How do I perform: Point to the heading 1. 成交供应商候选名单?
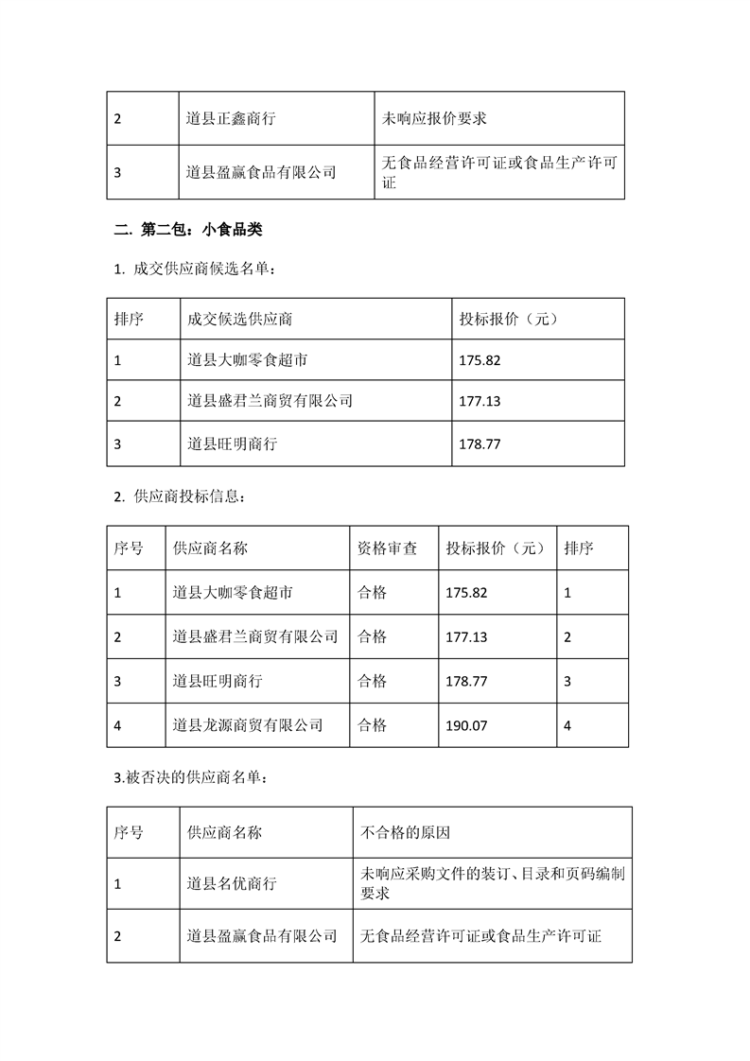pos(195,270)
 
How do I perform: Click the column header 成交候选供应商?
pos(247,319)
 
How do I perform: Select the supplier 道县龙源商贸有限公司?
pos(249,725)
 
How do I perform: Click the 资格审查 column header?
pos(387,548)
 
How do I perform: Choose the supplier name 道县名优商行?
pos(232,884)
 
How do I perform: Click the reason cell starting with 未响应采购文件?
pos(492,883)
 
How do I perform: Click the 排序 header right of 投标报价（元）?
pos(578,548)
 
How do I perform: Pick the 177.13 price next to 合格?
pos(466,637)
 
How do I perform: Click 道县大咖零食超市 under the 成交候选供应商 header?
pos(247,360)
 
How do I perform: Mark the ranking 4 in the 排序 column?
pos(567,725)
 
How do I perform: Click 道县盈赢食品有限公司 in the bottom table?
pos(263,935)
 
